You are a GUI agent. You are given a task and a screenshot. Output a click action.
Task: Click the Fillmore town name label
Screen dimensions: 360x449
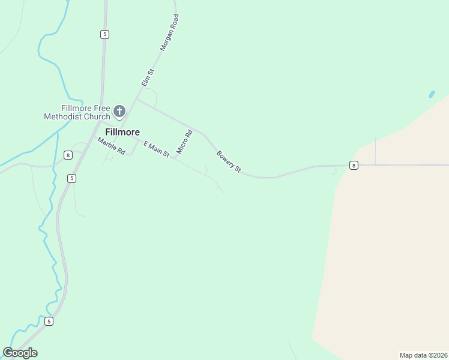pyautogui.click(x=122, y=132)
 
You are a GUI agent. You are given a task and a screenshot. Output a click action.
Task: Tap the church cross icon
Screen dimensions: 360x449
pyautogui.click(x=119, y=111)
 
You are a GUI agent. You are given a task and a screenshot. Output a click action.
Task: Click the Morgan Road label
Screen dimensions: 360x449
pyautogui.click(x=169, y=32)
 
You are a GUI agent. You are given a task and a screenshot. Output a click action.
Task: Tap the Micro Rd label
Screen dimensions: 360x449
pyautogui.click(x=184, y=142)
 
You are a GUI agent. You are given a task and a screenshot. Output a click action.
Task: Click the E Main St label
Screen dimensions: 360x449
pyautogui.click(x=156, y=148)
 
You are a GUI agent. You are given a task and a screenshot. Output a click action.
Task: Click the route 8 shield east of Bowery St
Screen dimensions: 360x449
pyautogui.click(x=354, y=165)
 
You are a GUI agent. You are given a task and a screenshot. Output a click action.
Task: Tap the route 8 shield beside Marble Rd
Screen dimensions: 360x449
pyautogui.click(x=68, y=155)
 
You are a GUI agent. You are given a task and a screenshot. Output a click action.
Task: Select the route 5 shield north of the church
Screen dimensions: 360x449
pyautogui.click(x=104, y=34)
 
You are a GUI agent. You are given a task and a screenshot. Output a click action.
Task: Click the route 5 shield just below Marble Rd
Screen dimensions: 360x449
pyautogui.click(x=71, y=178)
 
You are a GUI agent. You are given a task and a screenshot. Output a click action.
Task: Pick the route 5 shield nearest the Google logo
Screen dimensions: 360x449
pyautogui.click(x=49, y=321)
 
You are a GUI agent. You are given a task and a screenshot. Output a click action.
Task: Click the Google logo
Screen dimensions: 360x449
pyautogui.click(x=20, y=353)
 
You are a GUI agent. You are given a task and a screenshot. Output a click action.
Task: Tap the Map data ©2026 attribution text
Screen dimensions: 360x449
pyautogui.click(x=423, y=355)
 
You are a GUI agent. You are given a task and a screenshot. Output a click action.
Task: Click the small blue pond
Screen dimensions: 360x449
pyautogui.click(x=432, y=94)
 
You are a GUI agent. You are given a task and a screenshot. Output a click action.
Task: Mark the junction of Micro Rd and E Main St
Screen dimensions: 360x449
pyautogui.click(x=173, y=158)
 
